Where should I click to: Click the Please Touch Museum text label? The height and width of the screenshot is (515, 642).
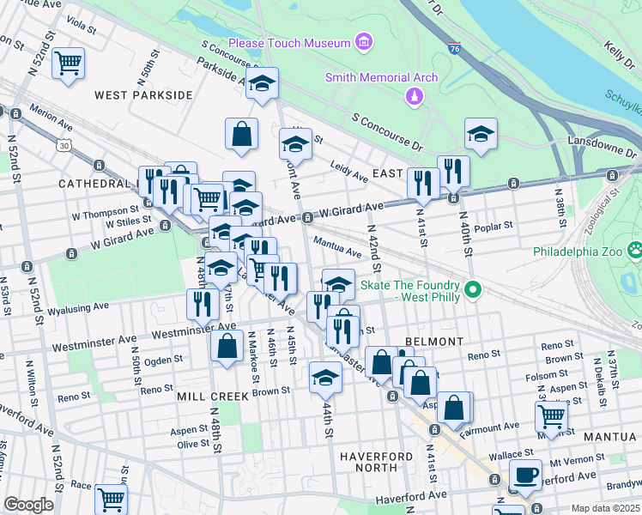point(288,43)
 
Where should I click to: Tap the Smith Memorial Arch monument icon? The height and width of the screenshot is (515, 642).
point(415,97)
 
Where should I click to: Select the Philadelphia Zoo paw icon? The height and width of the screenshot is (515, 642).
point(635,251)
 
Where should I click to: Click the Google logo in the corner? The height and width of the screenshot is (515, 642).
point(27,505)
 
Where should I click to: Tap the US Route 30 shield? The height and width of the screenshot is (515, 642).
point(64,146)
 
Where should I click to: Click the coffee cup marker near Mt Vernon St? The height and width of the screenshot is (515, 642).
point(525,474)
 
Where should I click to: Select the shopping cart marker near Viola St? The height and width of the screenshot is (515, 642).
point(68,62)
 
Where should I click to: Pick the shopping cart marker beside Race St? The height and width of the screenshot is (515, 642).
point(111,497)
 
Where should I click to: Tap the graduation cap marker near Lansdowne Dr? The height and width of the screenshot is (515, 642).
point(481,133)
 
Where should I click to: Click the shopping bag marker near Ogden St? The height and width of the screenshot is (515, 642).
point(227,347)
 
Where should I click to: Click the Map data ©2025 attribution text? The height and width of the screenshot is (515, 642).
point(605,507)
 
